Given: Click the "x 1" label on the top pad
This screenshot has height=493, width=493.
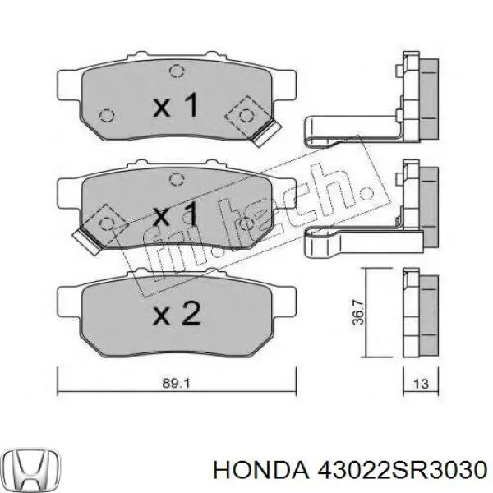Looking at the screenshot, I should [176, 105].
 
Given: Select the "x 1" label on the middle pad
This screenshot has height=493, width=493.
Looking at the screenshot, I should [176, 217].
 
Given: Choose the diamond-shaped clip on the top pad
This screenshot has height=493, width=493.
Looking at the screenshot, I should [250, 114].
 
